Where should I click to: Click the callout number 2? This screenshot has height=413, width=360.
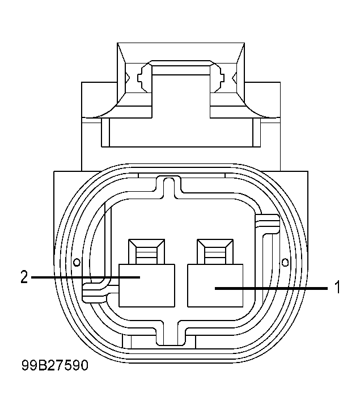tap(23, 277)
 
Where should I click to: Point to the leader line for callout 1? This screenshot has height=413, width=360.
tap(272, 288)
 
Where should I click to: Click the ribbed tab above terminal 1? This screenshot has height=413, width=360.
tap(214, 250)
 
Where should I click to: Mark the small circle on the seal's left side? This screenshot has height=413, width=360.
tap(77, 262)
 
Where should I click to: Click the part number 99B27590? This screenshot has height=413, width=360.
tap(56, 366)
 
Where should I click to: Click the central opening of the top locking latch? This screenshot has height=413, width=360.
tap(180, 91)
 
